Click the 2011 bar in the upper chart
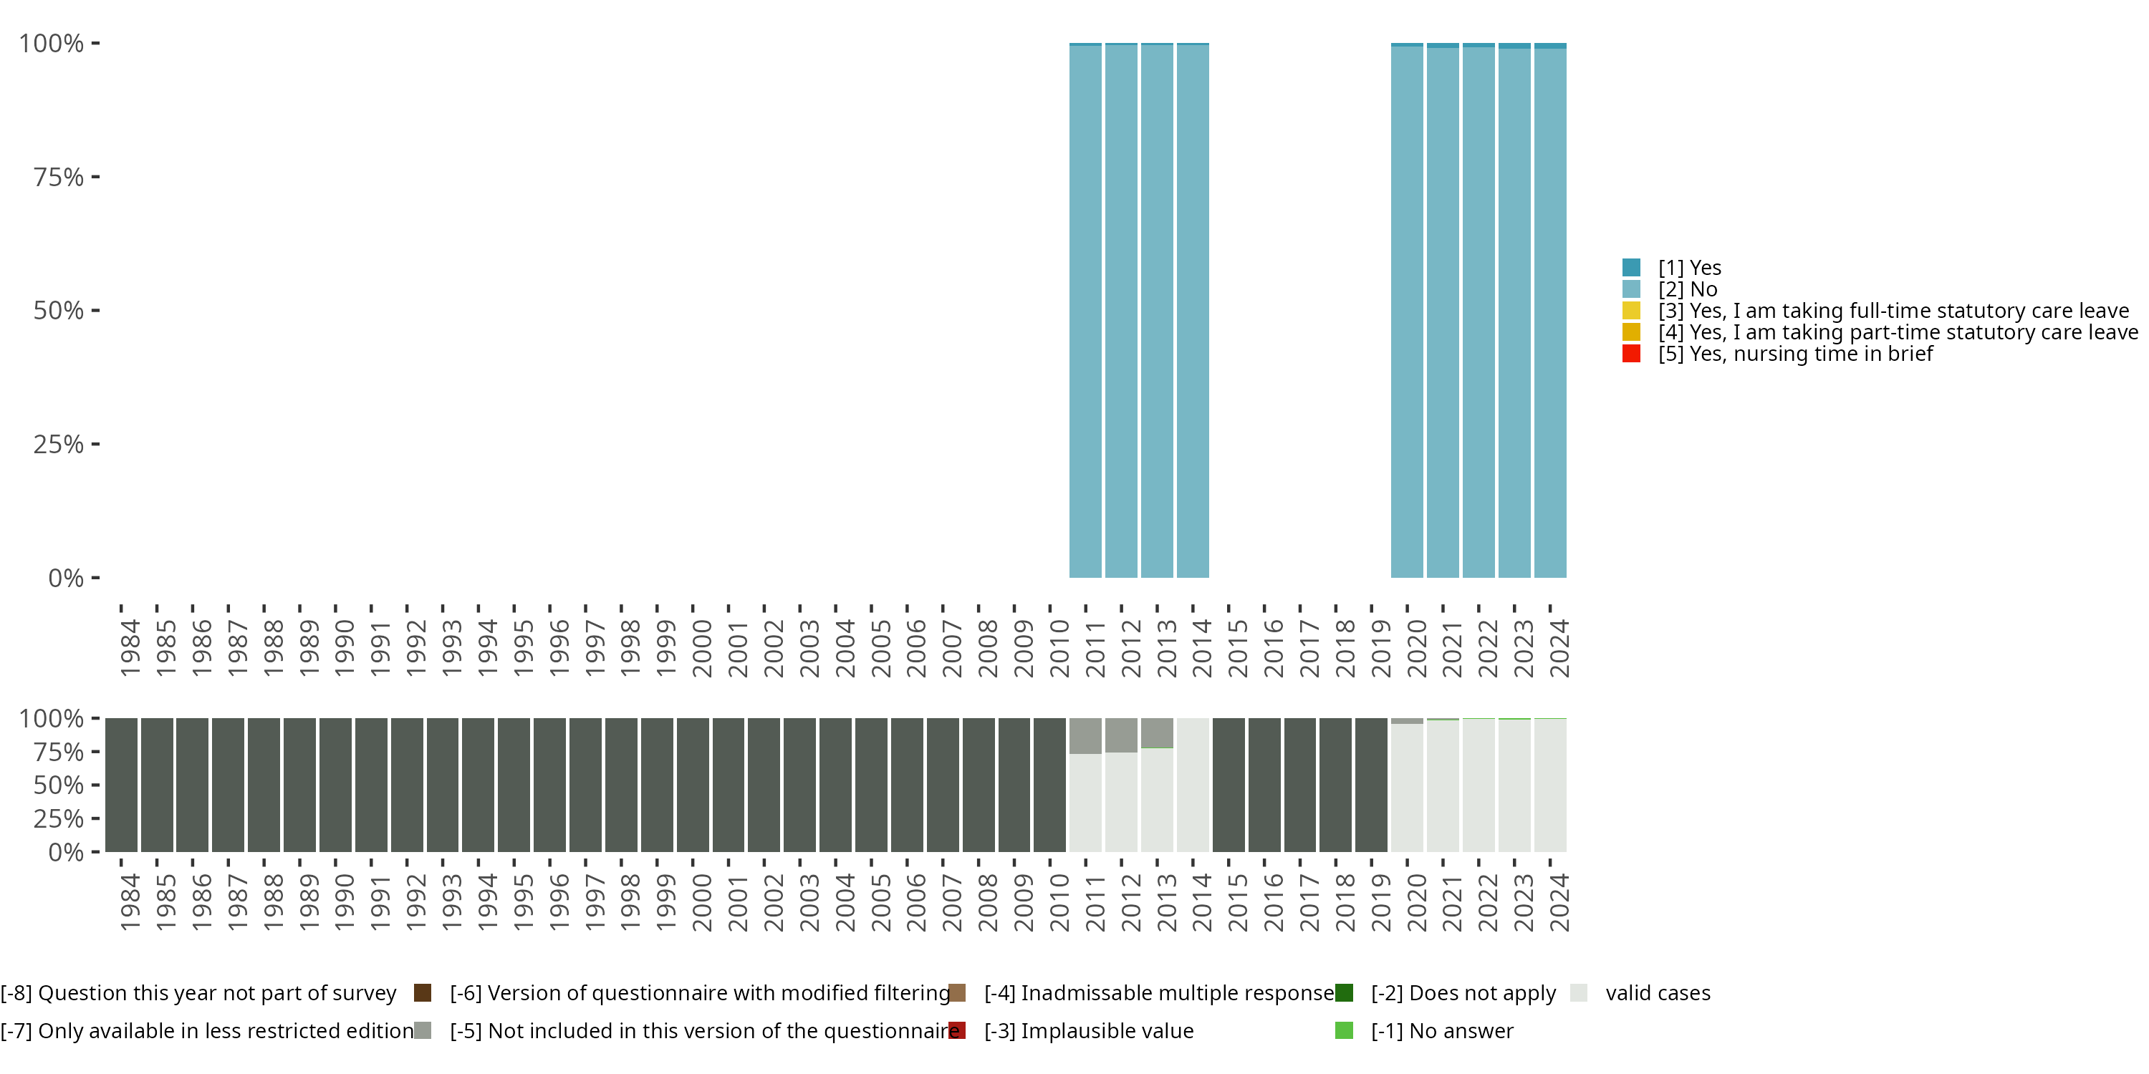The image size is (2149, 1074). point(1085,310)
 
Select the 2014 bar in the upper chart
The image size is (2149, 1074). point(1193,310)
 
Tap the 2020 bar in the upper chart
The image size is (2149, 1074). point(1407,310)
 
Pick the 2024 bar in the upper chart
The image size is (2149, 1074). point(1550,310)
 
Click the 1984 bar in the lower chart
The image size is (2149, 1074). point(121,785)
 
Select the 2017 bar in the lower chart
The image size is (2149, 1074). point(1299,785)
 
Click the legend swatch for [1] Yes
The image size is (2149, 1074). point(1632,268)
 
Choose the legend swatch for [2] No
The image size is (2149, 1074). point(1632,289)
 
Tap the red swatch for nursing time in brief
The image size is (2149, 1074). point(1632,354)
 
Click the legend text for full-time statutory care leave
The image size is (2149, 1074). point(1894,311)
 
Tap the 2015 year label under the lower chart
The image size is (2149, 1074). point(1237,902)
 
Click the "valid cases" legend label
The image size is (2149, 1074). point(1658,993)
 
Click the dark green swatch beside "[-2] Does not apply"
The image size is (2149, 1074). point(1344,993)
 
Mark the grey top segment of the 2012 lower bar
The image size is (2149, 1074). point(1121,735)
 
